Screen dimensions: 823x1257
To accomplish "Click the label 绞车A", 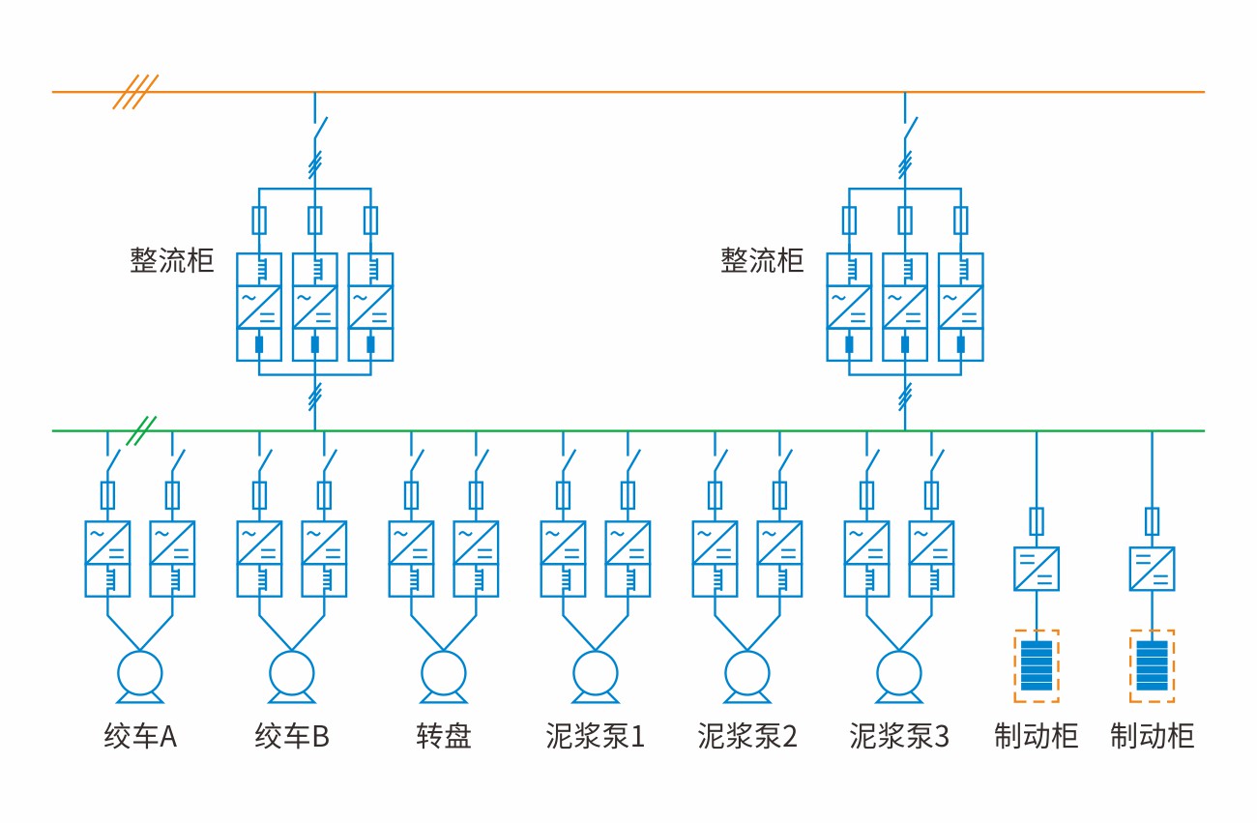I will point(140,737).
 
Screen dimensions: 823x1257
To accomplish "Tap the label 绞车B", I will point(292,737).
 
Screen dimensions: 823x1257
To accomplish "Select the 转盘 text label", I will point(444,737).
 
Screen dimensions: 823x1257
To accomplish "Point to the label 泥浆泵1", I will point(596,737).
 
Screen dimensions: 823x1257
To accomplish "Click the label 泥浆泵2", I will point(747,737).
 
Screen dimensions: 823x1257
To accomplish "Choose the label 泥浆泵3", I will point(899,737).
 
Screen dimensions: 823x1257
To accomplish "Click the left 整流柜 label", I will point(172,261).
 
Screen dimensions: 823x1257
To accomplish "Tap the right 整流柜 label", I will point(762,261).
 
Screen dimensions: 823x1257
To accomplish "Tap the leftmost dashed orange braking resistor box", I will point(1037,665).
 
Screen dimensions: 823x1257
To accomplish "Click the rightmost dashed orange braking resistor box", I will point(1152,665).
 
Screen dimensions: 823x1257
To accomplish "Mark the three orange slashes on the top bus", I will point(134,92).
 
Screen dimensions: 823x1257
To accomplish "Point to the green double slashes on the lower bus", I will point(142,430).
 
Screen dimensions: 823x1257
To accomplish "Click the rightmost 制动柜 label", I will point(1152,737).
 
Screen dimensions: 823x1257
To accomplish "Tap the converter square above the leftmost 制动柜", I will point(1037,569).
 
